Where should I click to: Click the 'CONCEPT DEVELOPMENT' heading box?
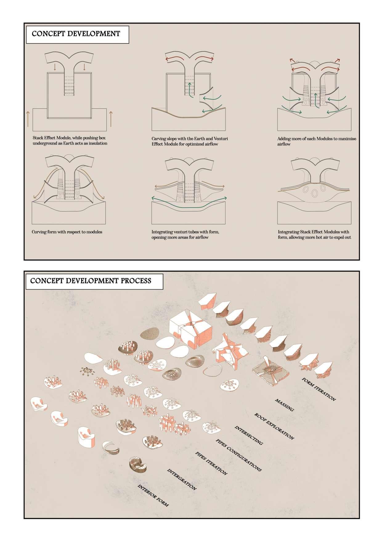(x=78, y=34)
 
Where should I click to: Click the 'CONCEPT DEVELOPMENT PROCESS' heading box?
(x=95, y=281)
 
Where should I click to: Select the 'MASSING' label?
(x=284, y=405)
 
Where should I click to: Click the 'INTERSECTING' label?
(x=249, y=435)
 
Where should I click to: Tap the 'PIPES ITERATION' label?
(x=212, y=463)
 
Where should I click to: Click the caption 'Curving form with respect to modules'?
(x=67, y=232)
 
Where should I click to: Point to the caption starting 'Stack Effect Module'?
(x=70, y=140)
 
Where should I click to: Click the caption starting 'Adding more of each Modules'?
(x=316, y=141)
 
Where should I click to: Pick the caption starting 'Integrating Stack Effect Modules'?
(x=314, y=234)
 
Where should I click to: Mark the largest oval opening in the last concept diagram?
(x=315, y=193)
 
